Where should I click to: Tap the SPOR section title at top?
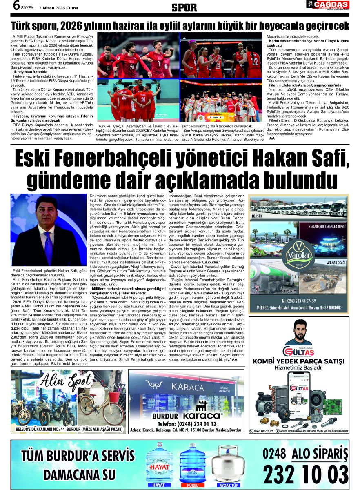(184, 7)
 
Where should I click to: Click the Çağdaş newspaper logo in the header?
(328, 6)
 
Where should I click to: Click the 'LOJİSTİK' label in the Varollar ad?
(258, 215)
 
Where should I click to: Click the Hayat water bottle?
(160, 465)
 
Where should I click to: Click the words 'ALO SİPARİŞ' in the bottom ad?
(320, 454)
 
